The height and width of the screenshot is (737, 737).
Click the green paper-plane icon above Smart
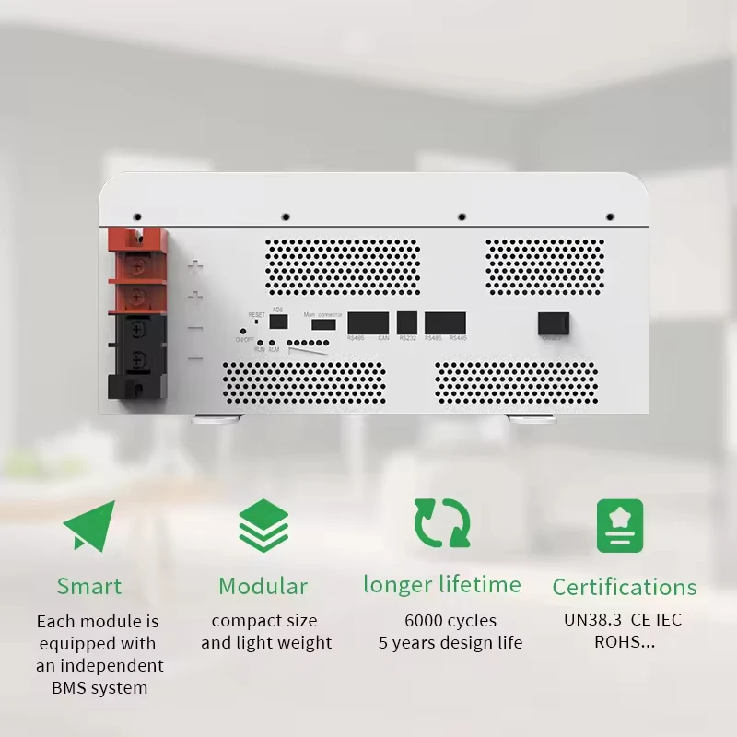(89, 525)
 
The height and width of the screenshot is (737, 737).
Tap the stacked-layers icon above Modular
(263, 525)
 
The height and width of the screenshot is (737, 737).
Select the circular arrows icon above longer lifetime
(442, 523)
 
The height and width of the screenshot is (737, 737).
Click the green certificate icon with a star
(620, 525)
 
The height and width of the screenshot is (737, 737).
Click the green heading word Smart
(89, 586)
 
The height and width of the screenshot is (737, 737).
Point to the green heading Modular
(263, 586)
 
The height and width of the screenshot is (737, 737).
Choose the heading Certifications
(625, 587)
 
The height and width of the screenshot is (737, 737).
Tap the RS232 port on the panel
(407, 322)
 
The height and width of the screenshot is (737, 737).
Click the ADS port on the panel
(278, 322)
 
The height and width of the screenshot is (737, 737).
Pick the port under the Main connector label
(323, 324)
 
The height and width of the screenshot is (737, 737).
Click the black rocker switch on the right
(552, 323)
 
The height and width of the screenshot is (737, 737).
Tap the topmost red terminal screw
(137, 266)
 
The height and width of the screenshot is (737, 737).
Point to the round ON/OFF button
(243, 330)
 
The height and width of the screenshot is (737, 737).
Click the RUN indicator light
(261, 342)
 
